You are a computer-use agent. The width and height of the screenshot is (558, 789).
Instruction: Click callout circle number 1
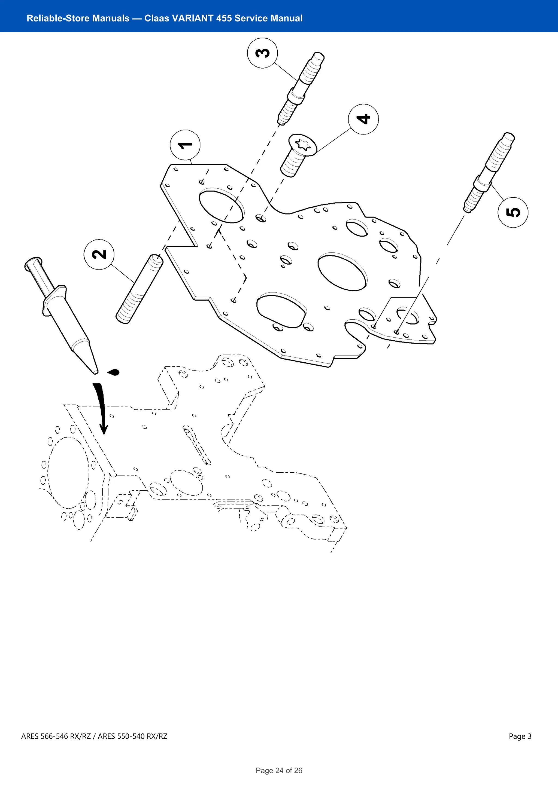point(185,145)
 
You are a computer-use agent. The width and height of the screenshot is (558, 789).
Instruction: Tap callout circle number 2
point(99,254)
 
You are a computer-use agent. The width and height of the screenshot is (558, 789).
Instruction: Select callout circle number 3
point(262,53)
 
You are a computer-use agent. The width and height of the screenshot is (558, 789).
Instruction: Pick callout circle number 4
point(363,119)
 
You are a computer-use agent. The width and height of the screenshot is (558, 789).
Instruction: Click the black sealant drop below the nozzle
point(114,372)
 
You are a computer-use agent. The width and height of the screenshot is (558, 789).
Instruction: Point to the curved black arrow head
point(104,429)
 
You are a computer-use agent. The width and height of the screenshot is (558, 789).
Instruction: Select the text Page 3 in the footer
point(520,736)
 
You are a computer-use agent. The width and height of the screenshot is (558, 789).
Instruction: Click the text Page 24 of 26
point(279,770)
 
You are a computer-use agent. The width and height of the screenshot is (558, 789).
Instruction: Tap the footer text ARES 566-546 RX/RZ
point(56,736)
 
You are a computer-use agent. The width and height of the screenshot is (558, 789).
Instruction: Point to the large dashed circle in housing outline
point(68,473)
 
